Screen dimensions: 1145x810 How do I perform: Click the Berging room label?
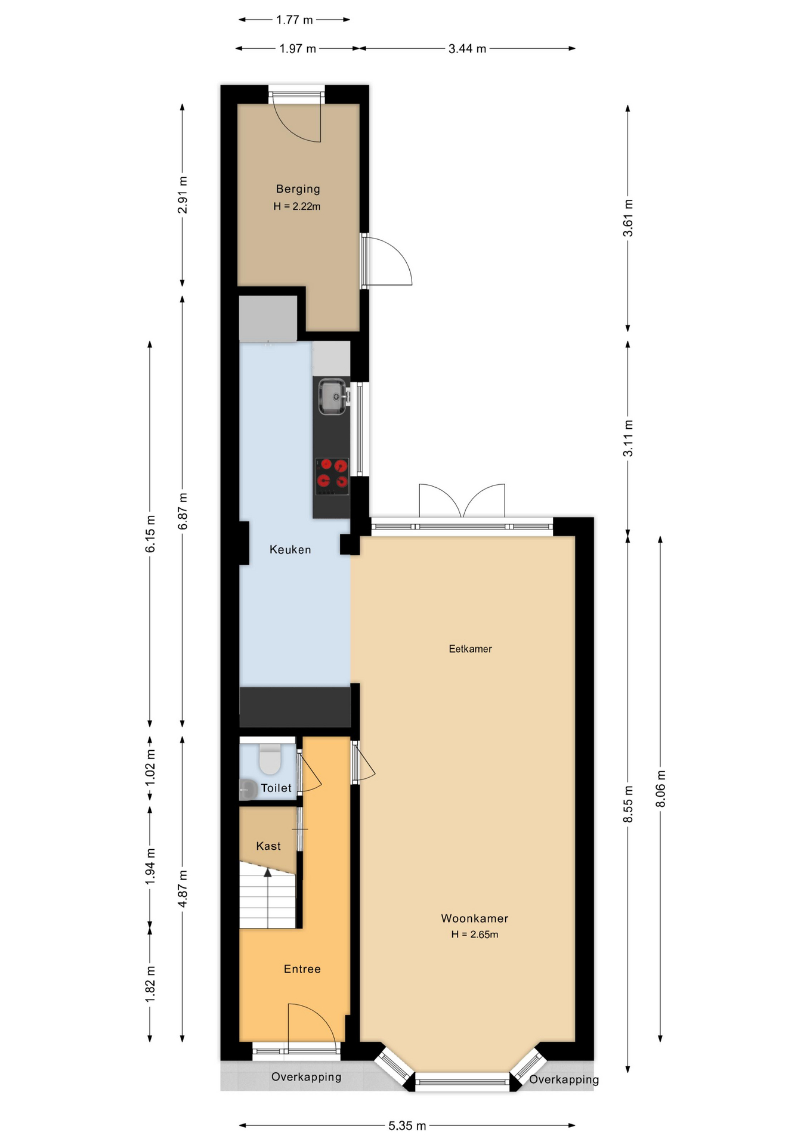(298, 189)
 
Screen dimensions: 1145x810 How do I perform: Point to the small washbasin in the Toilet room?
(248, 789)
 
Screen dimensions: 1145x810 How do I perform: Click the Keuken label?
(290, 550)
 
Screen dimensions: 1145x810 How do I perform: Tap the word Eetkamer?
(470, 649)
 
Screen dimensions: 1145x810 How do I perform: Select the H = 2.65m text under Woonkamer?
(474, 934)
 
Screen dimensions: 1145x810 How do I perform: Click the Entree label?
(302, 969)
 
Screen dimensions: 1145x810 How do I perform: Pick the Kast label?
(268, 846)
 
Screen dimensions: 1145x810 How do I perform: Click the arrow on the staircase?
(268, 874)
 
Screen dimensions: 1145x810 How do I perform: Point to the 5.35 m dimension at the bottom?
(407, 1126)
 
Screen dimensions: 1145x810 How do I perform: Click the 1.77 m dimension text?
(294, 20)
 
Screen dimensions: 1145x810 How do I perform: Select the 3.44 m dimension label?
(467, 49)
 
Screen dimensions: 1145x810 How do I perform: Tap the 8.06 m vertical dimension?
(660, 788)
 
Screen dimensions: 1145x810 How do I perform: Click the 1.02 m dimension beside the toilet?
(150, 767)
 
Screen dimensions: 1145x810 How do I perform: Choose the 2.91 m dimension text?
(183, 195)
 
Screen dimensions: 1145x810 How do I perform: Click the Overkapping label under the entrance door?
(306, 1077)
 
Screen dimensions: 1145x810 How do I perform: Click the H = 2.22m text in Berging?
(296, 206)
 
